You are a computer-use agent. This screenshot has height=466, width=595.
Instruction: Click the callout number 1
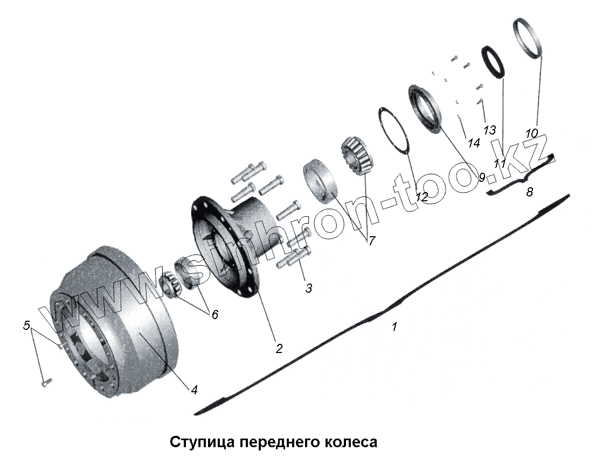[x=395, y=326]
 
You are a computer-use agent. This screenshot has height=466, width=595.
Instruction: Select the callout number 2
[x=279, y=348]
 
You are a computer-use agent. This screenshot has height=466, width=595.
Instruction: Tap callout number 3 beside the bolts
[x=308, y=288]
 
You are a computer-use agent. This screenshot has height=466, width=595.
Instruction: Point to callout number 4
[x=194, y=390]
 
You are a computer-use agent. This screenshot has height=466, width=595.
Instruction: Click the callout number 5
[x=26, y=325]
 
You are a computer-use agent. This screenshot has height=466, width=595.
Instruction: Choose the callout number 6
[x=215, y=314]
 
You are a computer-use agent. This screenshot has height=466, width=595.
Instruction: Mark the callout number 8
[x=529, y=192]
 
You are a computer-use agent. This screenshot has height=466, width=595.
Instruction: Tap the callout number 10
[x=531, y=133]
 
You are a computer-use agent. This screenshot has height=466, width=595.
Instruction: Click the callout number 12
[x=421, y=197]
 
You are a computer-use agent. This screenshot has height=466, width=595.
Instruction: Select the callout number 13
[x=489, y=130]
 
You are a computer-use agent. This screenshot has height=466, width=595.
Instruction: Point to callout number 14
[x=473, y=143]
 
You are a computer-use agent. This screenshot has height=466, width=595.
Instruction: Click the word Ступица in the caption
[x=203, y=442]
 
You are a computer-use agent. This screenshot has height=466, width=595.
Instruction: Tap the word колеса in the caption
[x=350, y=442]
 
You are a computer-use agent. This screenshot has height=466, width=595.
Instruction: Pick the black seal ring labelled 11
[x=493, y=62]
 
